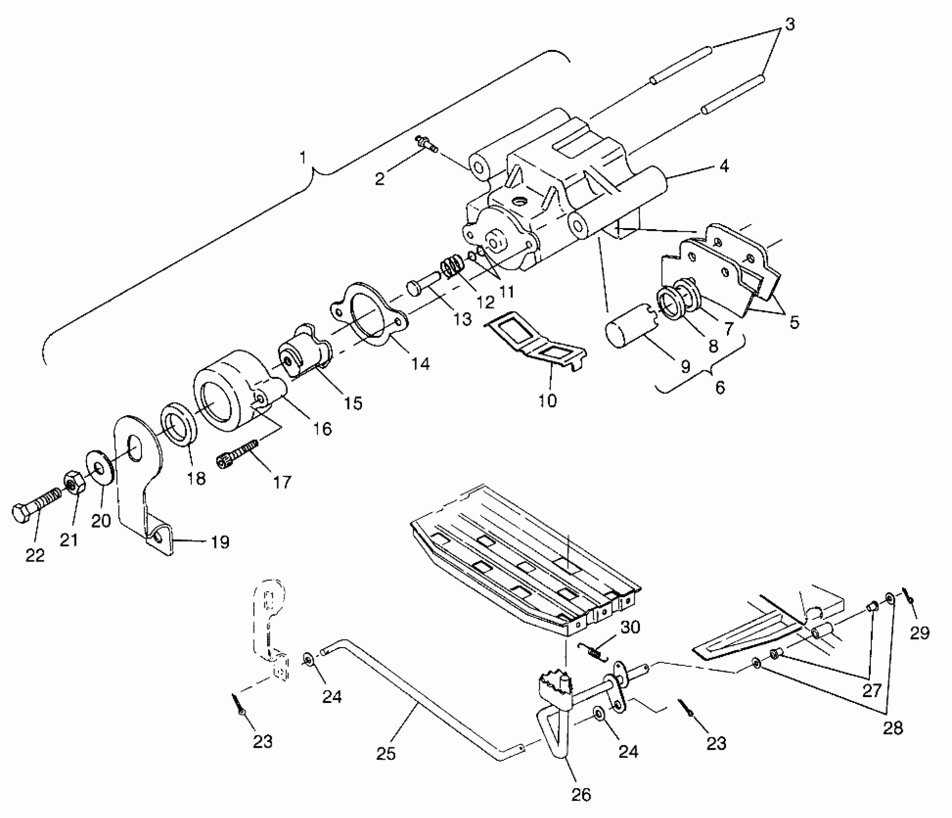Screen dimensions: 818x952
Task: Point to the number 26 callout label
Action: click(580, 794)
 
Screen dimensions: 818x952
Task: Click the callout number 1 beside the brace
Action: click(302, 157)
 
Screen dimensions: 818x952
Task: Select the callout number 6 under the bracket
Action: click(720, 387)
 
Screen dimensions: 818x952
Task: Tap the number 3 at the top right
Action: click(790, 24)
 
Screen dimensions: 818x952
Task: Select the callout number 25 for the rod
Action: click(386, 753)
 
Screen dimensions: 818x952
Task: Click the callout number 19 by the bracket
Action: click(220, 542)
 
